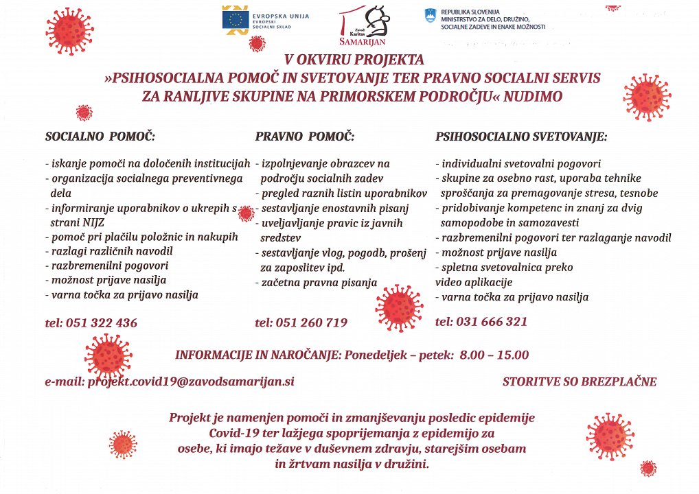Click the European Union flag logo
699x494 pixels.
[x=236, y=19]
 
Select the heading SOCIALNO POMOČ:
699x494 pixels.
[x=100, y=137]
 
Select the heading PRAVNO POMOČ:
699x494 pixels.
[x=305, y=137]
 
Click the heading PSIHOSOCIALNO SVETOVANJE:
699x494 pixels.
[x=521, y=137]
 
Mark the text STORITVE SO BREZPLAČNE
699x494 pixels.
[x=580, y=381]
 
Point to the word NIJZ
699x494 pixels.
[x=88, y=223]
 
